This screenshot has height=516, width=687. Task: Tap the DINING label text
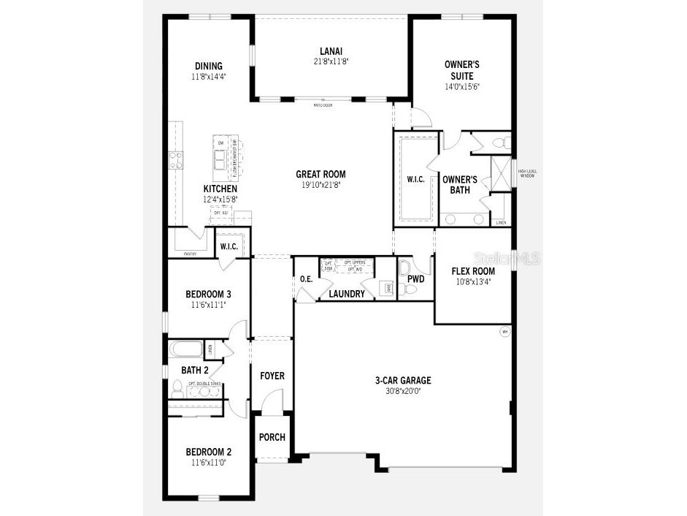pos(208,66)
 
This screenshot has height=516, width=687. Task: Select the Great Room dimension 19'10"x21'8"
pos(321,185)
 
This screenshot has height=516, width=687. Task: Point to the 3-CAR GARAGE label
pos(403,380)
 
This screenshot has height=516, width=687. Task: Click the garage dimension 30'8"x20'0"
pos(403,391)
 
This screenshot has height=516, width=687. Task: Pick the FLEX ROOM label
pos(473,271)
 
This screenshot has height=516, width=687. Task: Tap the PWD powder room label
pos(416,279)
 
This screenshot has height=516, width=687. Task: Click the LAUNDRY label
pos(346,294)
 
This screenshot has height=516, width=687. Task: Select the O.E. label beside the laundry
pos(307,279)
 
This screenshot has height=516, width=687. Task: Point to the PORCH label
pos(272,437)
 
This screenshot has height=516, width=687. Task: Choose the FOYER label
pos(272,376)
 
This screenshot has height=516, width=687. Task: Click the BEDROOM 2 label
pos(208,452)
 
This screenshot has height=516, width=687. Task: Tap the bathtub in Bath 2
pos(188,349)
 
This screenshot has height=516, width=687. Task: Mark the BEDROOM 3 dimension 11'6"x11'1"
pos(208,305)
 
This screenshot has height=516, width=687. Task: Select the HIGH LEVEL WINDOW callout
pos(527,173)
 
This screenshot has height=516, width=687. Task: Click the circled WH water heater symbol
pos(504,332)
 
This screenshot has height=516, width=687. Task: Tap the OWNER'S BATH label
pos(460,185)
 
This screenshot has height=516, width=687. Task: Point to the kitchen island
pos(222,158)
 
